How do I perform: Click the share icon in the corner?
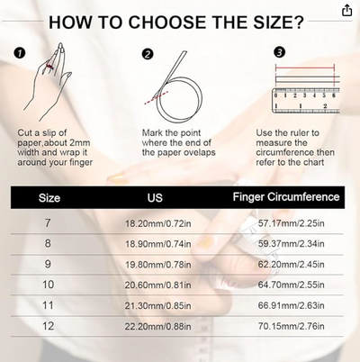(x=346, y=10)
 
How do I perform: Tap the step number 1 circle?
(x=20, y=53)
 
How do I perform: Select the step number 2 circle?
(x=148, y=54)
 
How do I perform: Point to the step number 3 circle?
(x=279, y=52)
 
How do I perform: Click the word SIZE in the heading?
(x=279, y=22)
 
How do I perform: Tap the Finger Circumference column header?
(x=286, y=197)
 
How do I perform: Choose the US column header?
(x=155, y=197)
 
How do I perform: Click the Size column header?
(x=49, y=198)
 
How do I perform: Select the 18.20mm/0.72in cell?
(x=157, y=223)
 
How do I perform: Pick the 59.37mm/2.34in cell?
(x=291, y=243)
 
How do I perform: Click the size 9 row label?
(x=48, y=264)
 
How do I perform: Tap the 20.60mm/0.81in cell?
(x=157, y=285)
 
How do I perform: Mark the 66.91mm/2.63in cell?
(x=291, y=305)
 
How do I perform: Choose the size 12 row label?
(x=48, y=326)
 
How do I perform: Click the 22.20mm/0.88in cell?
(x=157, y=326)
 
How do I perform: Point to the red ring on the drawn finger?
(x=49, y=67)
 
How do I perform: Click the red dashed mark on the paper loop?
(x=156, y=98)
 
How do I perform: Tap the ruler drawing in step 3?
(x=306, y=101)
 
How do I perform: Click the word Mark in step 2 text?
(x=152, y=132)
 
